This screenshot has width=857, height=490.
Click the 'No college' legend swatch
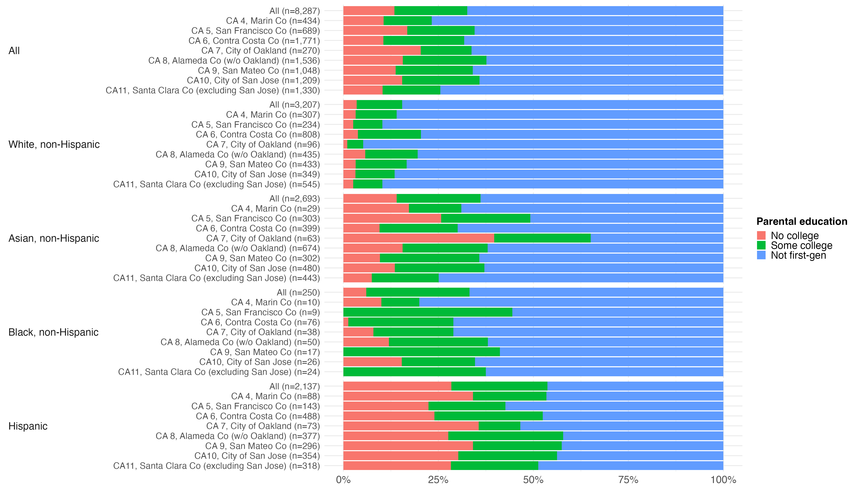761,235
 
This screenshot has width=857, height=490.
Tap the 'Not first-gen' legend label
798,255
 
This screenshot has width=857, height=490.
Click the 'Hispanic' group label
28,426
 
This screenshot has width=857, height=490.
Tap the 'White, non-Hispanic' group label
54,144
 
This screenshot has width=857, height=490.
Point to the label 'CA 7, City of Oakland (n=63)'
263,238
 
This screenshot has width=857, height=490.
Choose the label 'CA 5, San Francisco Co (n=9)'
261,312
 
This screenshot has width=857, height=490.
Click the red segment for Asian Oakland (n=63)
419,238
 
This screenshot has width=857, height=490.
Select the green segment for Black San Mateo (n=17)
421,352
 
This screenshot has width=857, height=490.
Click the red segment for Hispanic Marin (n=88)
408,396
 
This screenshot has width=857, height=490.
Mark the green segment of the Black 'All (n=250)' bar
418,292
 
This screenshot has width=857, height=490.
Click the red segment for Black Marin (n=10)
362,302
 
